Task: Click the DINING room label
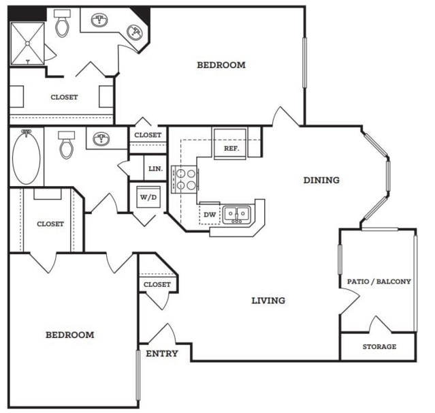[x=321, y=180]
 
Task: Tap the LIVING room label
[x=268, y=301]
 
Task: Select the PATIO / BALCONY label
[x=379, y=281]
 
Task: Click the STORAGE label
[x=379, y=347]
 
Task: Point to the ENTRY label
[x=162, y=354]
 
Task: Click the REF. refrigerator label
[x=231, y=149]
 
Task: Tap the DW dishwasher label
[x=210, y=215]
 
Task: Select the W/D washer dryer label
[x=148, y=198]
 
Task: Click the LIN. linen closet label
[x=155, y=169]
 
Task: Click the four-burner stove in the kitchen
[x=185, y=179]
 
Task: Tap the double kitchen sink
[x=237, y=215]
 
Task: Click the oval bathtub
[x=27, y=157]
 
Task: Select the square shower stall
[x=27, y=44]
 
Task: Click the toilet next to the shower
[x=62, y=23]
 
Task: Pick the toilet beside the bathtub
[x=67, y=145]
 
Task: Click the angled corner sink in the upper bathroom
[x=135, y=32]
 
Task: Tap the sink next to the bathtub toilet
[x=101, y=139]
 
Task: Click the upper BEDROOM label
[x=221, y=65]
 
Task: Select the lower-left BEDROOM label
[x=69, y=335]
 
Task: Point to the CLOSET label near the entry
[x=157, y=285]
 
